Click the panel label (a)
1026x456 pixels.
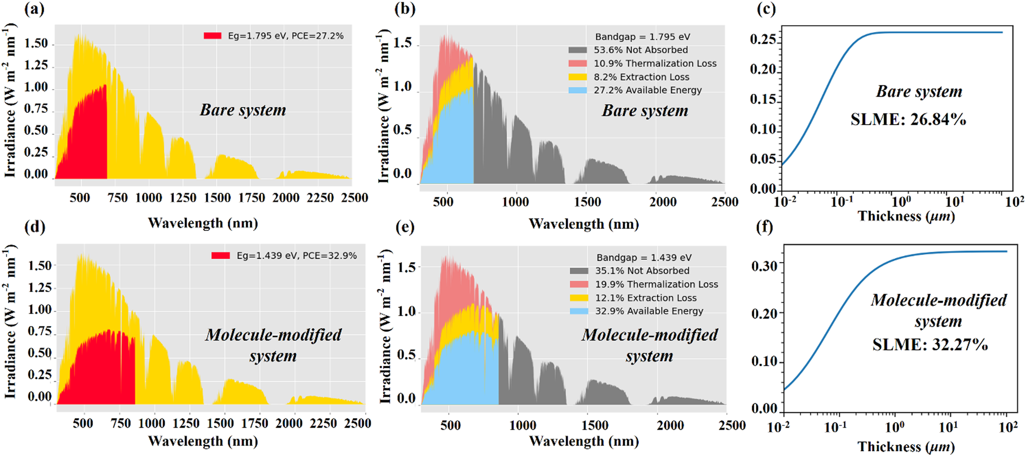(x=34, y=9)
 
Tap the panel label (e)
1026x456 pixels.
(x=405, y=226)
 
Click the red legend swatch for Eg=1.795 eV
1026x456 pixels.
(x=212, y=36)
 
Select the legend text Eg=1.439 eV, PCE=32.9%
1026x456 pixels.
(x=297, y=255)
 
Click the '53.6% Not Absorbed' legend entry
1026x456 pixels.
(x=641, y=50)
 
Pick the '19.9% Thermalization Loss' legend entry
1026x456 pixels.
(x=656, y=284)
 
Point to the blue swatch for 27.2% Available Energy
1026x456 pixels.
(x=578, y=90)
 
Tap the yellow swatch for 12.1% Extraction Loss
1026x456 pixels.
(x=579, y=298)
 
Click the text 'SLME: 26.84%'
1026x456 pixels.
(x=908, y=120)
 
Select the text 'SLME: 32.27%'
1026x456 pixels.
(x=930, y=344)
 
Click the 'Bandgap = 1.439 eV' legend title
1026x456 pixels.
(x=644, y=257)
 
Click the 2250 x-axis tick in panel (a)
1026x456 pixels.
(x=320, y=198)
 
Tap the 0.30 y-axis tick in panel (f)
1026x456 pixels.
(x=764, y=266)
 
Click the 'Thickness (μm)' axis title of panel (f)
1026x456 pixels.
(x=906, y=446)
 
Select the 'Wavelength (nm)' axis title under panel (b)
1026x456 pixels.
(x=584, y=224)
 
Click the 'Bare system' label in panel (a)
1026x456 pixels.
(x=243, y=110)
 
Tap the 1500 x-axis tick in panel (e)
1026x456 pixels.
(x=595, y=425)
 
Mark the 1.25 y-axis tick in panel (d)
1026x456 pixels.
(x=40, y=288)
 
